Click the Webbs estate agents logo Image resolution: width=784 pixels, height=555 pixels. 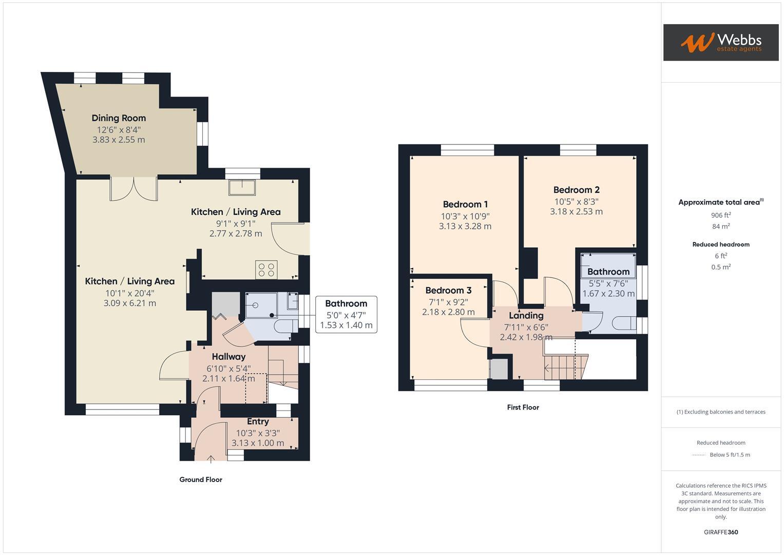click(x=720, y=42)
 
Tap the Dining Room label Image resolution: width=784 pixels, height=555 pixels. click(x=119, y=118)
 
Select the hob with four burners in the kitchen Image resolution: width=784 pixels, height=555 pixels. click(x=266, y=270)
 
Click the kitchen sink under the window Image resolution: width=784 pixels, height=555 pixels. click(x=242, y=188)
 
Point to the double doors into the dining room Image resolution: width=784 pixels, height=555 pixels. click(x=133, y=189)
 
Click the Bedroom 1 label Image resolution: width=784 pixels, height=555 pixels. click(x=465, y=205)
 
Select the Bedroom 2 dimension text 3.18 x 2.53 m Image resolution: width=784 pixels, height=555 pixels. click(x=576, y=212)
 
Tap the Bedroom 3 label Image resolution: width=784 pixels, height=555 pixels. click(x=448, y=290)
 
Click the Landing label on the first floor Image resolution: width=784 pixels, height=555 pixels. click(x=526, y=316)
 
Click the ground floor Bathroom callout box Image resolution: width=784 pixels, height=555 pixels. click(x=346, y=314)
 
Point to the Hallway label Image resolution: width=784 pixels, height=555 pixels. click(x=228, y=357)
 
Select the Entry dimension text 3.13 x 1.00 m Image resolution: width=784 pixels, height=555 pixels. click(x=258, y=443)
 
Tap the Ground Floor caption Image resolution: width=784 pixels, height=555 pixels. click(x=201, y=480)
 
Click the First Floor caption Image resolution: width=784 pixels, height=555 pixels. click(x=523, y=408)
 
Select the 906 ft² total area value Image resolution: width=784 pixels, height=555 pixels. click(x=721, y=215)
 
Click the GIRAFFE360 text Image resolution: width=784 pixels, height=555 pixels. click(x=721, y=532)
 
